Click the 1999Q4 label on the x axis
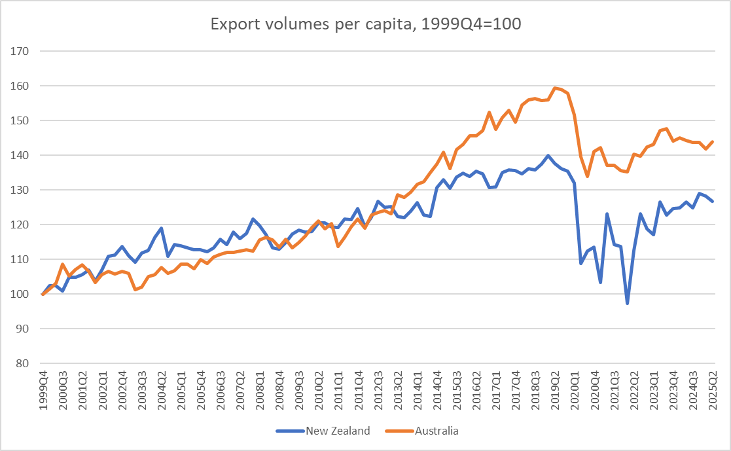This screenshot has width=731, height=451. (x=44, y=391)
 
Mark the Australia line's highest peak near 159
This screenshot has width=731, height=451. (x=555, y=88)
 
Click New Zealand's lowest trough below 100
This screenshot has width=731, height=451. (x=627, y=304)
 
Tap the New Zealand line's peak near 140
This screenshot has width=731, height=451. (x=548, y=156)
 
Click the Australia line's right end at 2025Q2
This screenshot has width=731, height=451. (x=713, y=141)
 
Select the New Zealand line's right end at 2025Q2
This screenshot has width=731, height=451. (x=713, y=202)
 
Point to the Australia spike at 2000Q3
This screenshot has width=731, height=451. (x=62, y=264)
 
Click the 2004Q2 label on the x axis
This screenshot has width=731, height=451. (x=162, y=391)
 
